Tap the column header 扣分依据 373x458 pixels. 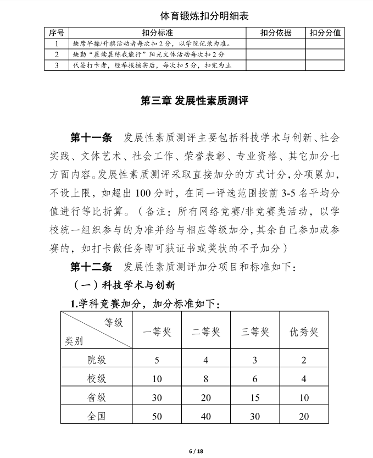click(276, 33)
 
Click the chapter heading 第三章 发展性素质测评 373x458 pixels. click(187, 101)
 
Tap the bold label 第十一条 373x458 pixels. click(92, 137)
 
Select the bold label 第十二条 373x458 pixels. click(92, 267)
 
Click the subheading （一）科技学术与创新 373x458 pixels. click(124, 285)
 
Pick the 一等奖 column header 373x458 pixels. click(157, 332)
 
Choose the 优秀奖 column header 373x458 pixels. click(304, 332)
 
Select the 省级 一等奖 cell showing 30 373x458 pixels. click(157, 398)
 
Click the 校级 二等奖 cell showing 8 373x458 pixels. click(206, 379)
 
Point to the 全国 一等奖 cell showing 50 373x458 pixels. click(157, 416)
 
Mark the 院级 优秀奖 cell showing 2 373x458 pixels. click(304, 361)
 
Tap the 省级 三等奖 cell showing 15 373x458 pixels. click(255, 398)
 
